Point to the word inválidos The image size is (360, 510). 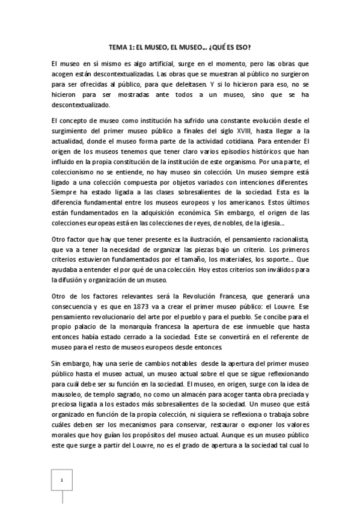click(270, 268)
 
